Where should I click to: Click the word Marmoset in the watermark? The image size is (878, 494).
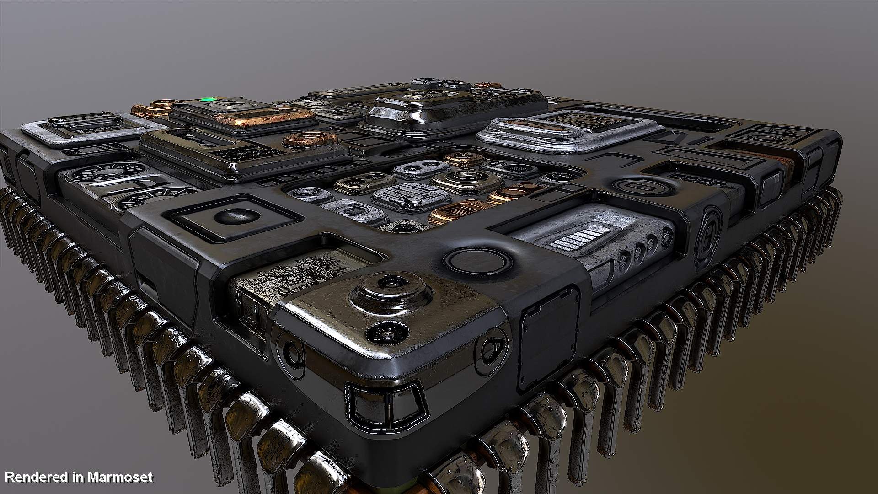pos(121,478)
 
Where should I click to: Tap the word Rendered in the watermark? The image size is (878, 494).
pos(36,478)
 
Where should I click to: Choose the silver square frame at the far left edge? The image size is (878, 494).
pos(87,129)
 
